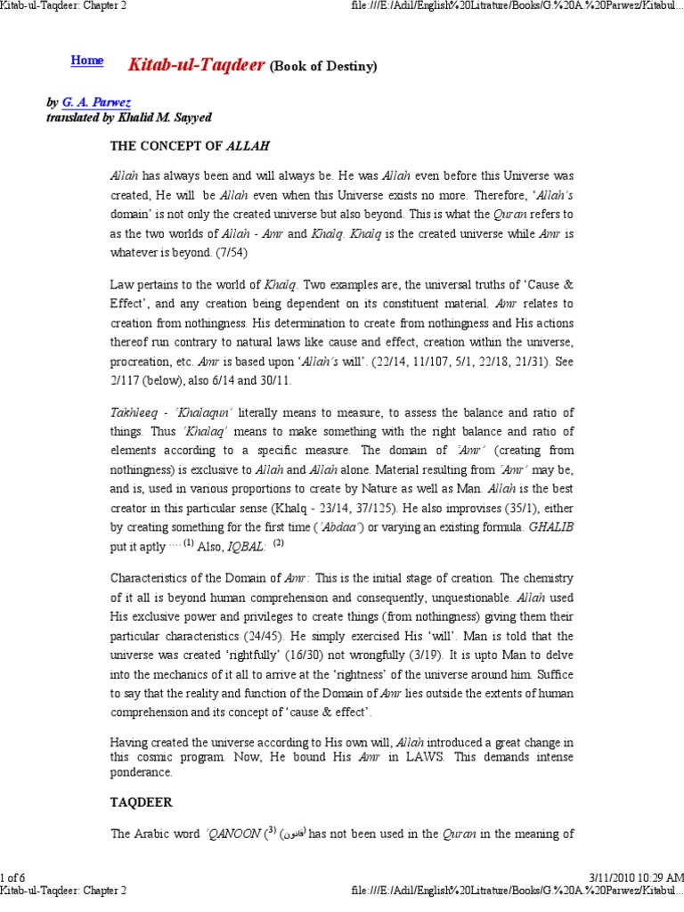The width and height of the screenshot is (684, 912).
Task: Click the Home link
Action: pyautogui.click(x=86, y=61)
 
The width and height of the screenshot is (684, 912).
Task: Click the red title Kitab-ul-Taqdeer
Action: pyautogui.click(x=196, y=65)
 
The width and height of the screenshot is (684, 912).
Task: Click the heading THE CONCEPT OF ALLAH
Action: pyautogui.click(x=189, y=144)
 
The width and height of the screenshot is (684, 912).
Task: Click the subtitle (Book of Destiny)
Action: pyautogui.click(x=323, y=67)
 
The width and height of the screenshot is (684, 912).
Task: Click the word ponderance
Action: pyautogui.click(x=141, y=772)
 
